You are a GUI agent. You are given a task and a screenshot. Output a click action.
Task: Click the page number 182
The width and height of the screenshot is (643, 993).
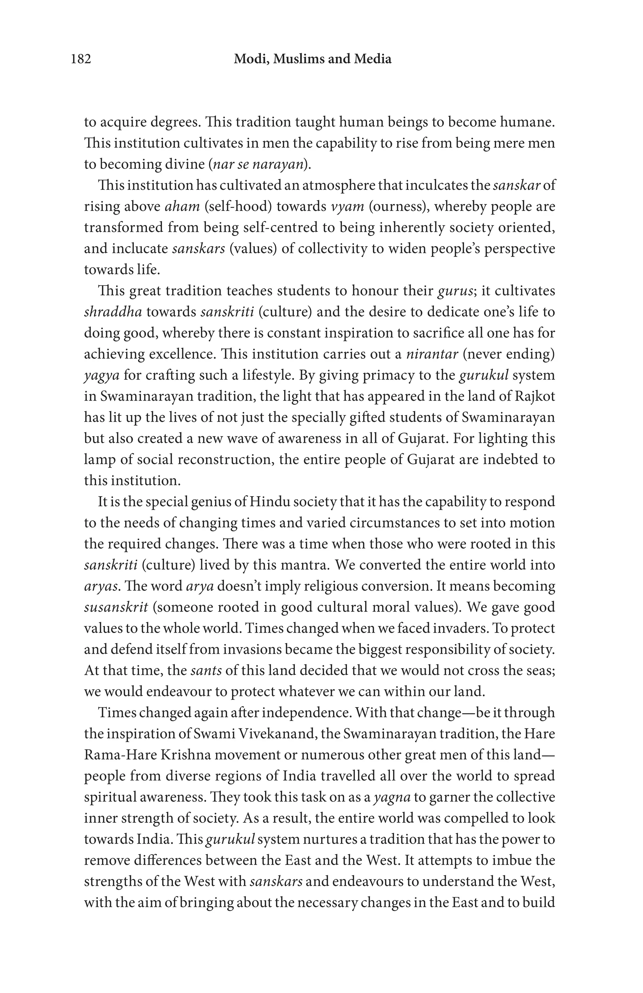pos(81,59)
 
